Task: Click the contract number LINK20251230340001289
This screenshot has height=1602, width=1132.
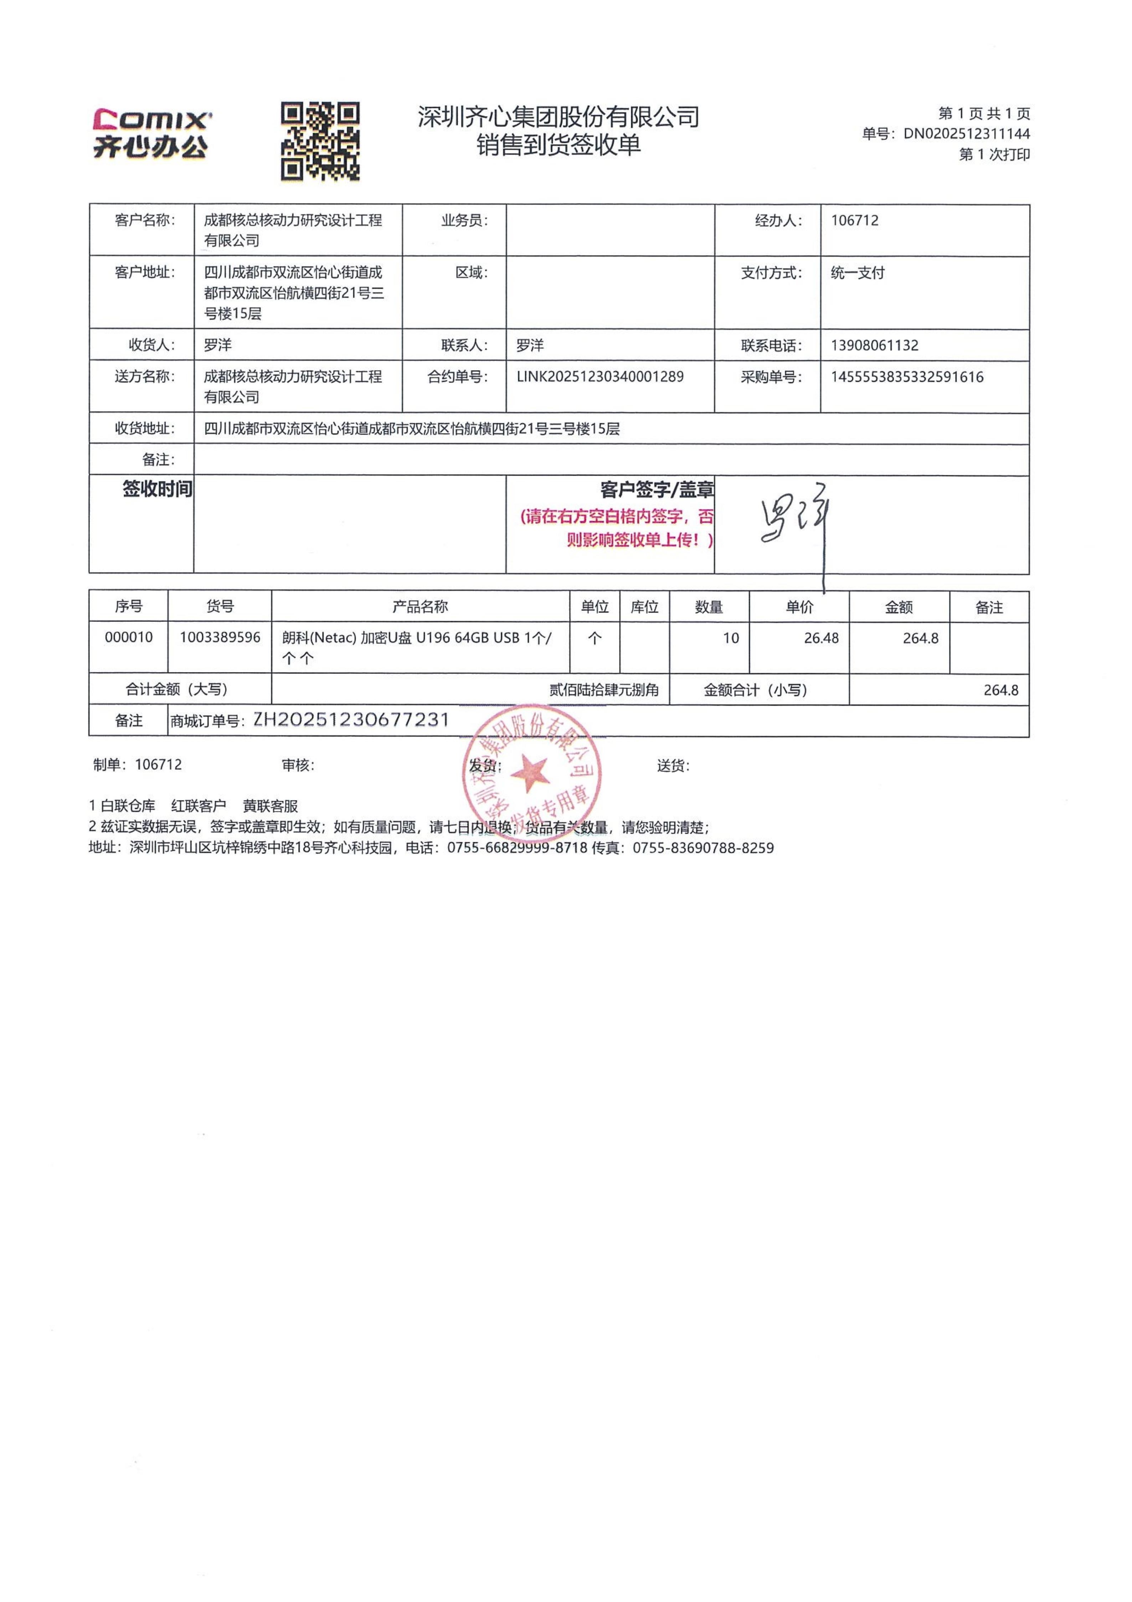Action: tap(600, 377)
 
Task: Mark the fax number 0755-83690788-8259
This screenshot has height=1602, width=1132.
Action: tap(703, 849)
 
